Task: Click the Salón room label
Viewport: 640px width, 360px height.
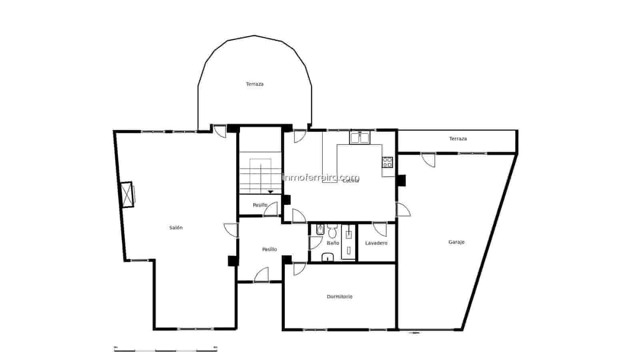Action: (x=176, y=228)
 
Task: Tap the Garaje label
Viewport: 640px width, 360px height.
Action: (x=456, y=242)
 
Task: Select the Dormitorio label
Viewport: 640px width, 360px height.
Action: (x=340, y=296)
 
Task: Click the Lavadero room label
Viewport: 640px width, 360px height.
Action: (x=376, y=243)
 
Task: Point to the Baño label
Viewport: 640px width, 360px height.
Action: (x=333, y=243)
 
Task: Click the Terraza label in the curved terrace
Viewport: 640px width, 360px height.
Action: (x=254, y=84)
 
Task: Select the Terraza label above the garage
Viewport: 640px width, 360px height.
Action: (x=458, y=139)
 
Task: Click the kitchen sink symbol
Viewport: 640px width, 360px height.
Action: (x=360, y=138)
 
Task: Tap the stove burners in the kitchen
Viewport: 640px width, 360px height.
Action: (x=387, y=162)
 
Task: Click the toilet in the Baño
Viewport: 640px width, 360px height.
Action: (x=332, y=232)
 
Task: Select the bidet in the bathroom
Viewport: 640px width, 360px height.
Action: (x=320, y=230)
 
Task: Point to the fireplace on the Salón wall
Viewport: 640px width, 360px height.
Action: (x=128, y=194)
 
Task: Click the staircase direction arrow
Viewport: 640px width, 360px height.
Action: (x=270, y=192)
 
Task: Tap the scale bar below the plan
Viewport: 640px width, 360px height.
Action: (x=166, y=350)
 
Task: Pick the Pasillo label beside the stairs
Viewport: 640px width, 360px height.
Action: (x=260, y=205)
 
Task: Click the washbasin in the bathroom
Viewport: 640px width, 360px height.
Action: (x=328, y=257)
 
